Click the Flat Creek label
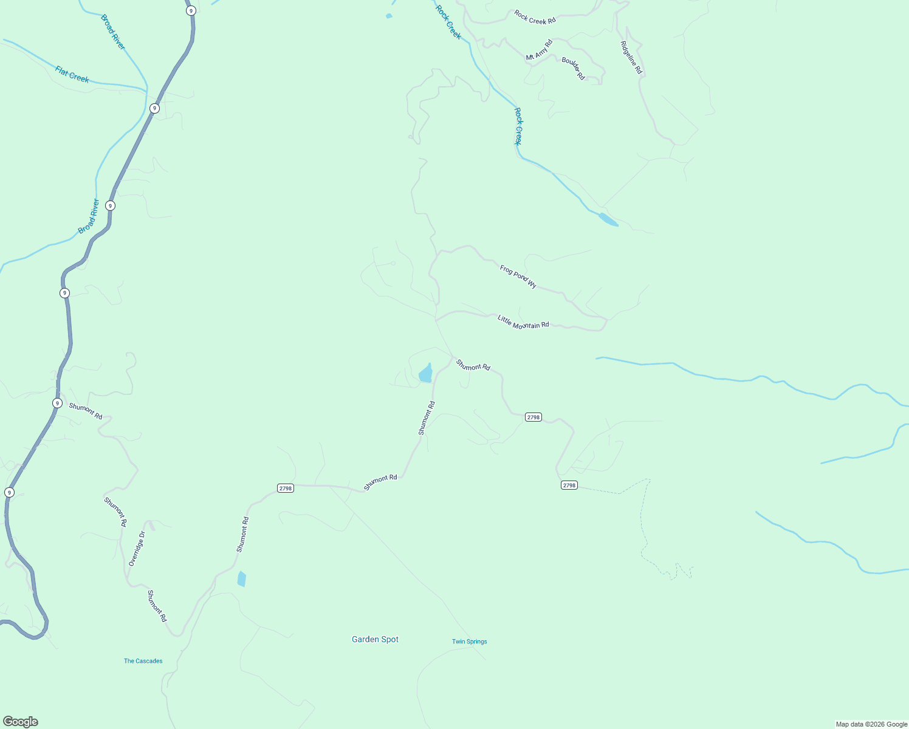coord(72,74)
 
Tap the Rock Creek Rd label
coord(535,17)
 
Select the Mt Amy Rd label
coord(539,50)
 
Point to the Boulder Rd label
coord(573,69)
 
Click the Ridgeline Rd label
coord(631,57)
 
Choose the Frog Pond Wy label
coord(518,276)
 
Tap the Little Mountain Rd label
coord(523,322)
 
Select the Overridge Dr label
coord(137,549)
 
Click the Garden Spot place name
coord(375,639)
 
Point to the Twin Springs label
coord(469,642)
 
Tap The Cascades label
coord(143,661)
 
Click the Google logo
coord(21,722)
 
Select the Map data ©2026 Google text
coord(871,724)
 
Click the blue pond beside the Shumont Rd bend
coord(426,373)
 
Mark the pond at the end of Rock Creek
coord(608,219)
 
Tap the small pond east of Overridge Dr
coord(242,579)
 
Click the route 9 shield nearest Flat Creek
coord(155,108)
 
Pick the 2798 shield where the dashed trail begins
coord(569,485)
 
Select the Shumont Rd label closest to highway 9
coord(86,411)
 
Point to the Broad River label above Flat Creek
coord(113,32)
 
